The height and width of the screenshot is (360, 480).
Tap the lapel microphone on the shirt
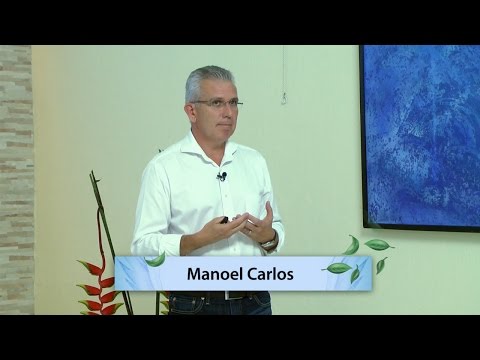[222, 177]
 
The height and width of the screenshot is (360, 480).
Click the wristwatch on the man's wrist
[268, 241]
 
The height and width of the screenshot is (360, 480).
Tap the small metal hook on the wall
[285, 96]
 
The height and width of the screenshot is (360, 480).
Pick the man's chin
[222, 138]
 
